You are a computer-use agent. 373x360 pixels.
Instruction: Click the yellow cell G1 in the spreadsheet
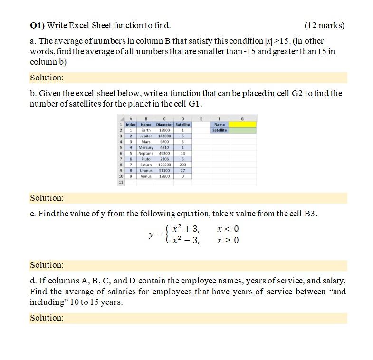tap(242, 125)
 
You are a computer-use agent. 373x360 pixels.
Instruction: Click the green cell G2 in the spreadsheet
tap(242, 130)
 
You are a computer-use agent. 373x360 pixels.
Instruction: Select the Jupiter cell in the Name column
tap(146, 136)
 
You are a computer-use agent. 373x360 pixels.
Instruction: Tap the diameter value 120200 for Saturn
tap(164, 165)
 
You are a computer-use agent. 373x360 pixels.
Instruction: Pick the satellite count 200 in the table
tap(182, 165)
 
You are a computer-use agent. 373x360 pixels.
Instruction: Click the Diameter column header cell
tap(164, 125)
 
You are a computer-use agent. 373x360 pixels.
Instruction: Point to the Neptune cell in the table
tap(146, 153)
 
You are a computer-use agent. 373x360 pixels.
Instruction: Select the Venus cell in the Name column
tap(146, 176)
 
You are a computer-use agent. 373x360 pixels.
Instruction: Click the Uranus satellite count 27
tap(182, 170)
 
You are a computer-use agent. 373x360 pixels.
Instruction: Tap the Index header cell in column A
tap(131, 125)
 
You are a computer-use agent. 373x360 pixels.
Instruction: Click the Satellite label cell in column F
tap(220, 130)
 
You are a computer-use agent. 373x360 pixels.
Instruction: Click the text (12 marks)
tap(324, 25)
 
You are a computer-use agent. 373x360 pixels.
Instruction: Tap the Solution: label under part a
tap(47, 78)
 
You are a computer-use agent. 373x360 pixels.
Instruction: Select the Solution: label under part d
tap(47, 318)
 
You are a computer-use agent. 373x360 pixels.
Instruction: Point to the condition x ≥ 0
tap(228, 241)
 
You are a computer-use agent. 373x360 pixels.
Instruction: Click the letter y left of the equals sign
tap(151, 234)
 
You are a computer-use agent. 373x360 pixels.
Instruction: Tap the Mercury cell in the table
tap(146, 147)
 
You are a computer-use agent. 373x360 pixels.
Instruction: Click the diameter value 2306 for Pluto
tap(164, 159)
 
